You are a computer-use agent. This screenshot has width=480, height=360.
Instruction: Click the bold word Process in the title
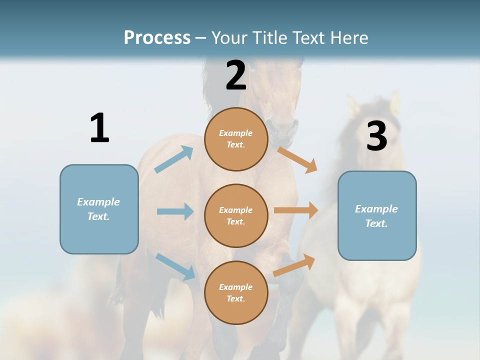157,38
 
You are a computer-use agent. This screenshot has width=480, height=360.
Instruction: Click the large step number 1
99,128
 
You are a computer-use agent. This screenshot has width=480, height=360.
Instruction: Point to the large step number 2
236,75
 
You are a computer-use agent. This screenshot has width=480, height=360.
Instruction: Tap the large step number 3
376,136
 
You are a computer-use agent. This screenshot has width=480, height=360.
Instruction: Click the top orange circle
236,139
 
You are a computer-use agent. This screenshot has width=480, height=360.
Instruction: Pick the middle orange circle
236,215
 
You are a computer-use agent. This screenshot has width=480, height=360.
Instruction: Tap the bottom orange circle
236,292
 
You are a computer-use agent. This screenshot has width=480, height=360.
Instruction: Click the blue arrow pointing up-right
174,159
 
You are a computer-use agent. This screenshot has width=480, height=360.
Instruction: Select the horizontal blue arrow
175,211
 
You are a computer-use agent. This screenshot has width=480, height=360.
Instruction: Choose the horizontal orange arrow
296,210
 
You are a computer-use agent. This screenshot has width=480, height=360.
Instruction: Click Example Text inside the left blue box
98,209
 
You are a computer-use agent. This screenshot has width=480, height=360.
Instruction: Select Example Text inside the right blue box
376,216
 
